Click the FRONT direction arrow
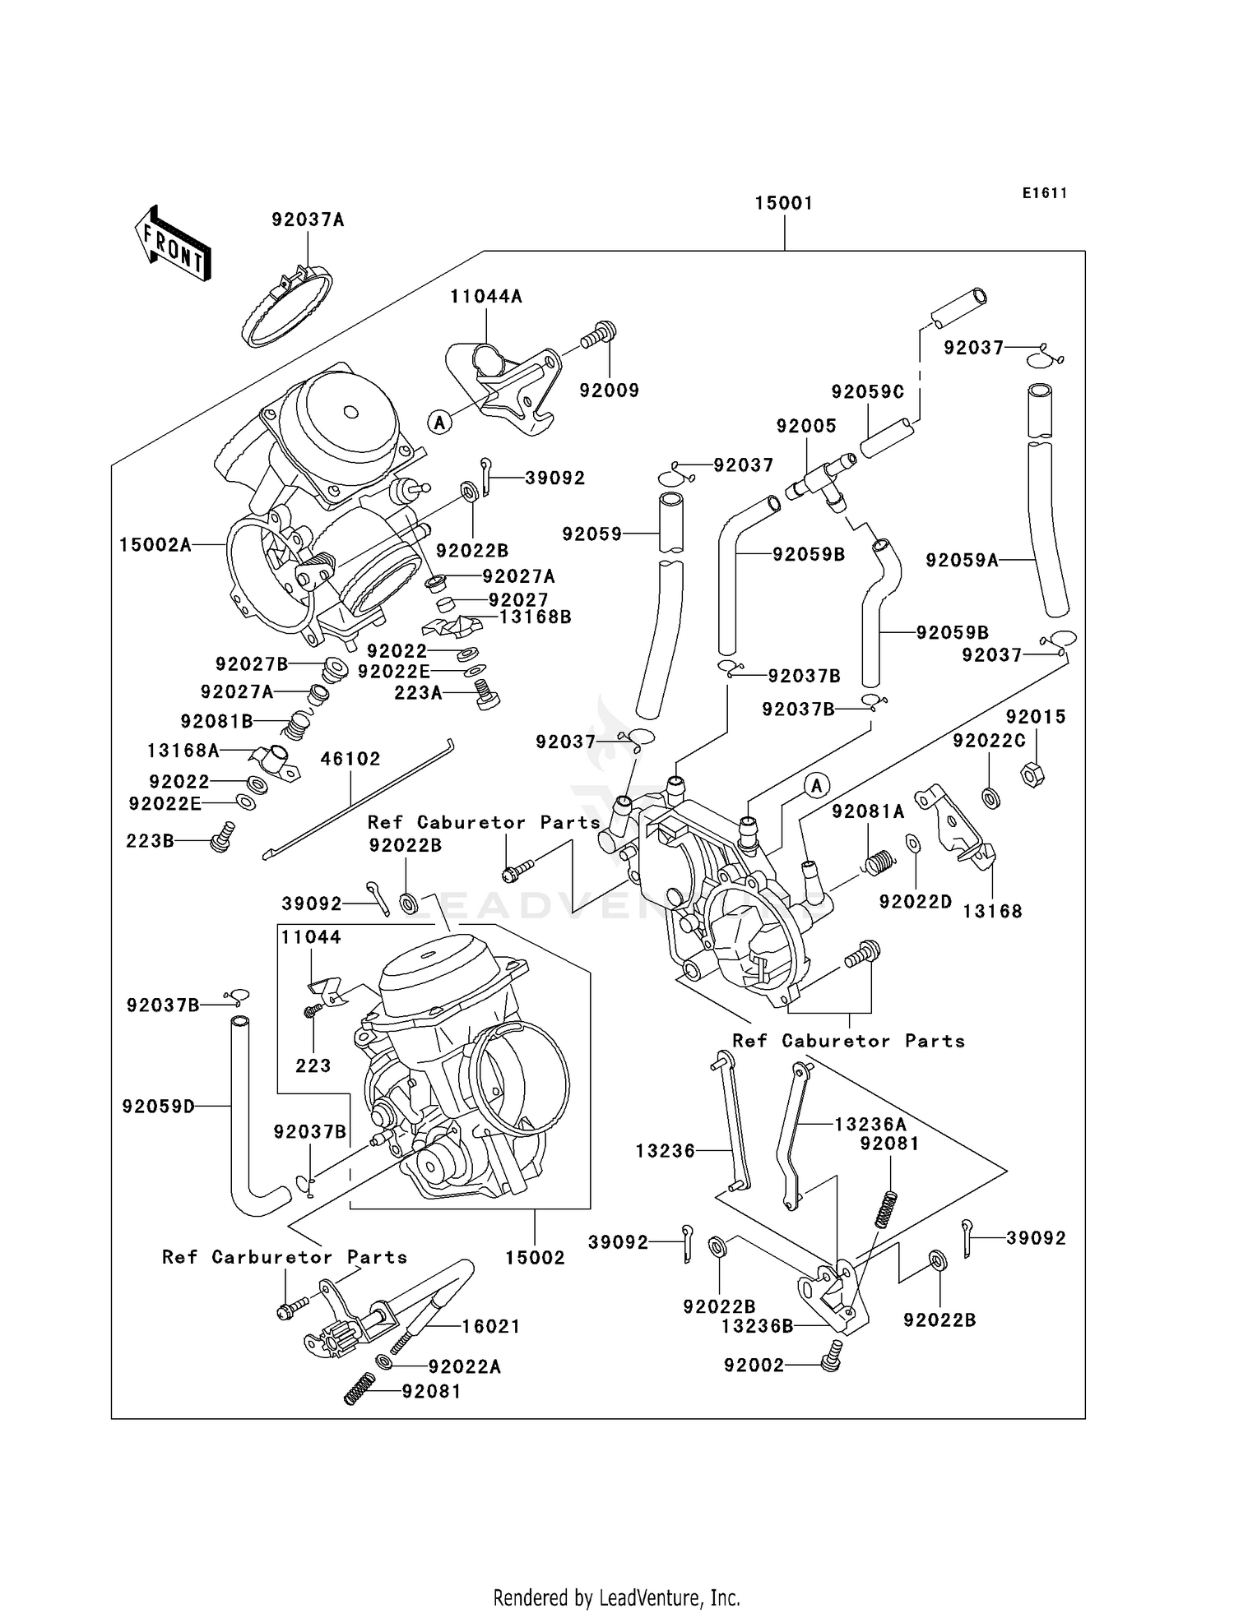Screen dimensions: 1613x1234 173,244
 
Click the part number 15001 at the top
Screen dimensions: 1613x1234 783,202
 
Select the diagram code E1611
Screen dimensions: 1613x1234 1045,193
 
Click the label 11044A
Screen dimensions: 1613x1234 485,296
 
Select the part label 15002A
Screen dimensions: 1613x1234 155,544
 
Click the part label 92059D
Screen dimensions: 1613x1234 159,1107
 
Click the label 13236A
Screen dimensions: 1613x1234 870,1124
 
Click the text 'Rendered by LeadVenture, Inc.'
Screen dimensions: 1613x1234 616,1597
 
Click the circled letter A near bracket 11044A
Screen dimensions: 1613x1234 439,423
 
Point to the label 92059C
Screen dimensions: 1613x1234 867,392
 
